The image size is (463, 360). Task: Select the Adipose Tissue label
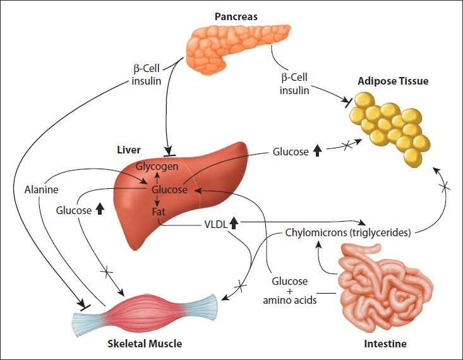[x=393, y=81]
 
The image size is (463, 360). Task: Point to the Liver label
[x=128, y=150]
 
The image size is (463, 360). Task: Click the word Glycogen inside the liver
[x=157, y=166]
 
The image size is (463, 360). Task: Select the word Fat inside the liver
[x=158, y=212]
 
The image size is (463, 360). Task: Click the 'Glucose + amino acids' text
[x=289, y=291]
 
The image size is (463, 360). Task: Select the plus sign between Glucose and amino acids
[x=290, y=291]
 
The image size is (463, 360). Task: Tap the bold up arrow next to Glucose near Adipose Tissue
[x=318, y=152]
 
